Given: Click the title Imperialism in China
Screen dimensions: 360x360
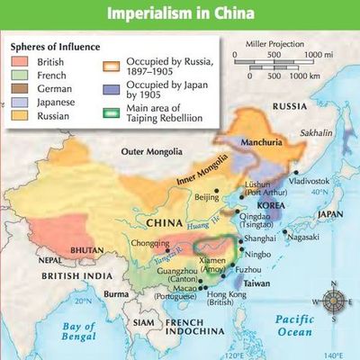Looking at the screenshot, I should tap(180, 13).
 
